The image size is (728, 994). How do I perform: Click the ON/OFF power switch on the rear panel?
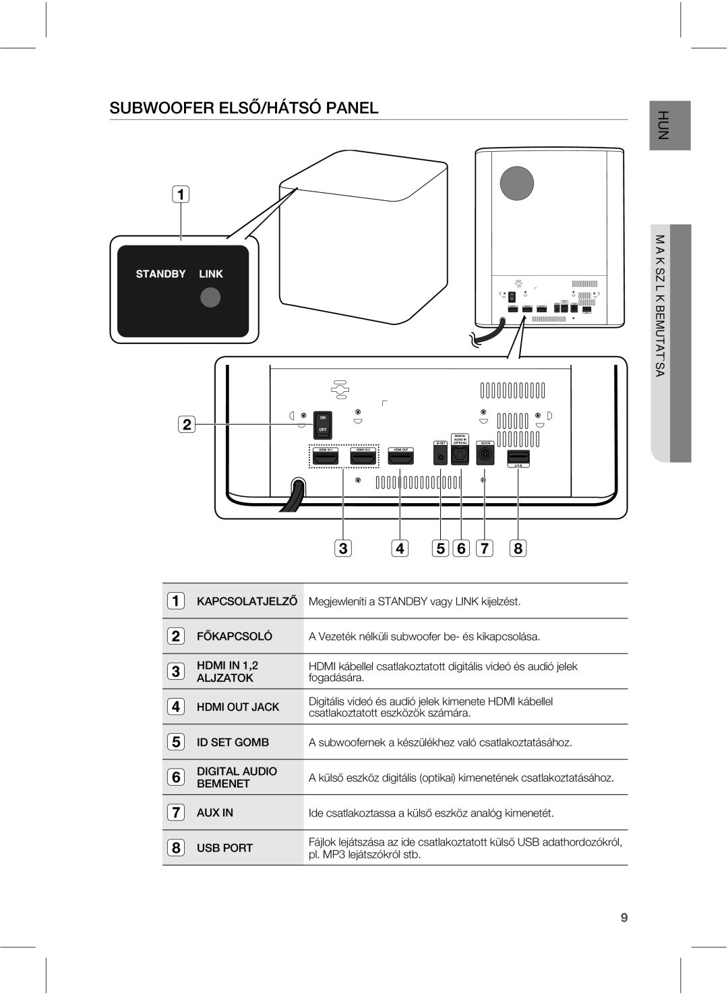click(323, 425)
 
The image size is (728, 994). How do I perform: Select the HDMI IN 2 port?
click(363, 459)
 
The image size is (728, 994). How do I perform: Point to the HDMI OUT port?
click(400, 459)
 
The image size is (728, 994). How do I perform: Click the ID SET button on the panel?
click(440, 457)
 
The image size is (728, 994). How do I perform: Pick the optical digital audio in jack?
click(461, 457)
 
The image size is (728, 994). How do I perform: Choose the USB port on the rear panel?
click(518, 455)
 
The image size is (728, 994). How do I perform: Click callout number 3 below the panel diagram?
click(343, 548)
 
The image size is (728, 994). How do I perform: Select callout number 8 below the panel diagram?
click(518, 548)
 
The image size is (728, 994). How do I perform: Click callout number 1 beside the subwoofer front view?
click(180, 195)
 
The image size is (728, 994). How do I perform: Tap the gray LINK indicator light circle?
click(211, 297)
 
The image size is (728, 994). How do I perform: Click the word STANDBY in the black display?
click(160, 274)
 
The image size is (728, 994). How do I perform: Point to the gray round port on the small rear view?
click(516, 182)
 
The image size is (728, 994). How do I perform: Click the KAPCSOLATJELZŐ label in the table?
click(247, 601)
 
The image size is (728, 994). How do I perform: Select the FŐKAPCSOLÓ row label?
click(235, 636)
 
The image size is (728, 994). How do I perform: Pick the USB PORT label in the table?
click(224, 848)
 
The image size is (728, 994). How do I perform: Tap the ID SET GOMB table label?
click(233, 742)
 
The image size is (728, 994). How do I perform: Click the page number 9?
click(624, 917)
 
